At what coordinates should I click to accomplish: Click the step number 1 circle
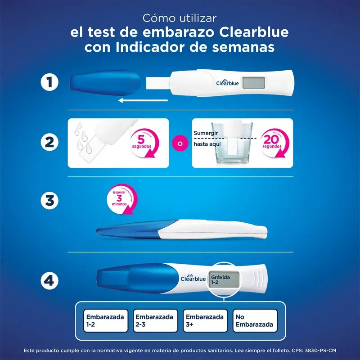[x=49, y=83]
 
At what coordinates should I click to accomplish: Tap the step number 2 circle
[x=49, y=143]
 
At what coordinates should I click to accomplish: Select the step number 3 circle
[x=49, y=201]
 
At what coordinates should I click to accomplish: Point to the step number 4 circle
[x=49, y=281]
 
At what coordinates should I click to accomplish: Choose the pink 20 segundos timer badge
[x=273, y=141]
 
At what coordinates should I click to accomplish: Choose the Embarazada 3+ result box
[x=205, y=320]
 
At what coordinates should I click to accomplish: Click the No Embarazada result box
[x=255, y=320]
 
